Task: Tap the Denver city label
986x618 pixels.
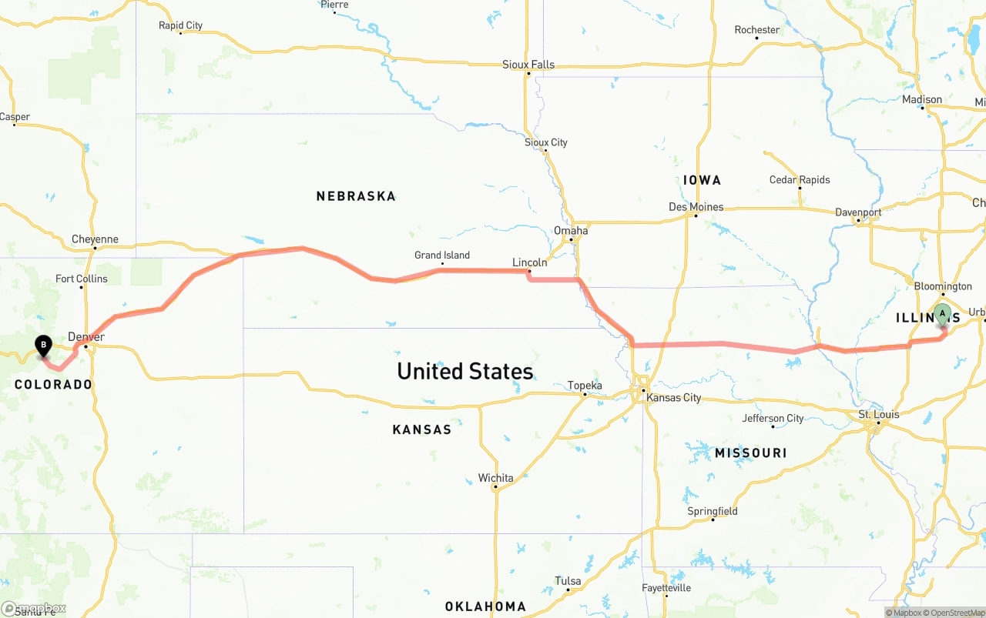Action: click(x=86, y=337)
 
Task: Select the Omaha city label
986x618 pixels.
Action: click(x=571, y=231)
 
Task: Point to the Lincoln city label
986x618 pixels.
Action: click(x=530, y=262)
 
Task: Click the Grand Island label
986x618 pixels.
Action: click(x=442, y=256)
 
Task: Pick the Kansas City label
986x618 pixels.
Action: click(x=674, y=398)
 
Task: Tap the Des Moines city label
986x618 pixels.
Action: click(x=696, y=207)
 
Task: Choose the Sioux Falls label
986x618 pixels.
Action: click(x=528, y=65)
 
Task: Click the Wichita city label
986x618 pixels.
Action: click(x=495, y=478)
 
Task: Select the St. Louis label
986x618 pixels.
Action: click(x=879, y=415)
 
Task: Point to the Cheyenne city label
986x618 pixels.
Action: click(x=95, y=239)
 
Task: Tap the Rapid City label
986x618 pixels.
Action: click(x=180, y=25)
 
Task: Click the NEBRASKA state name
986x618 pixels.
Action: click(x=356, y=196)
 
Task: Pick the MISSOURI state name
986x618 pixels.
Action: click(x=750, y=453)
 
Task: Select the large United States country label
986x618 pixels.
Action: click(x=464, y=371)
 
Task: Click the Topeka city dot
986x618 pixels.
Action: click(x=585, y=395)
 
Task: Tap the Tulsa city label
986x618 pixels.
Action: click(x=568, y=581)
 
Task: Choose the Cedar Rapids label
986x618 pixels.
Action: click(x=800, y=180)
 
